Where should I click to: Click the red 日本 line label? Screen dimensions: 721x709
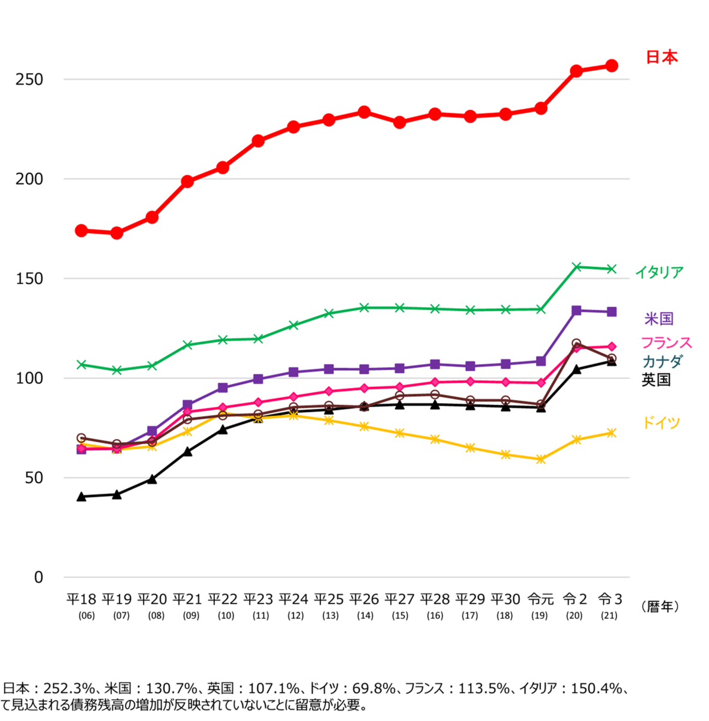(x=662, y=57)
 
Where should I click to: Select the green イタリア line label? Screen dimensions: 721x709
(x=659, y=272)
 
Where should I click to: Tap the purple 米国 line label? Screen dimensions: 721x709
(x=659, y=318)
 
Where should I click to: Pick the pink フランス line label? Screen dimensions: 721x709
(x=666, y=342)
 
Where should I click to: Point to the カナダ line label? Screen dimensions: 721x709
(x=662, y=361)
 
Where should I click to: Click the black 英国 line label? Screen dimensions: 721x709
(x=656, y=380)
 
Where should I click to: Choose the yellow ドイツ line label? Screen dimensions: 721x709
(x=661, y=422)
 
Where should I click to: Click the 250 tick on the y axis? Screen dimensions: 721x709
(x=29, y=79)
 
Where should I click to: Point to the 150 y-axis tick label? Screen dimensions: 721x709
(x=29, y=279)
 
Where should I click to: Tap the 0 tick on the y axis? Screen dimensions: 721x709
(x=39, y=577)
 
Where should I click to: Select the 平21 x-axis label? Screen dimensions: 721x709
(x=187, y=599)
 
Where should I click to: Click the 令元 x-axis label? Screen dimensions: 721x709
(x=540, y=599)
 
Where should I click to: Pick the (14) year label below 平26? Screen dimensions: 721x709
(x=365, y=615)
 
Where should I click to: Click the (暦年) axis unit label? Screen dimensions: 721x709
(x=660, y=607)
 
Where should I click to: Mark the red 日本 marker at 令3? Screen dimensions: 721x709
(x=611, y=65)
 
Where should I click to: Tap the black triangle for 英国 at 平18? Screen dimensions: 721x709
(x=81, y=496)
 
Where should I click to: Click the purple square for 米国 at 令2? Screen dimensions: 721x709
(x=576, y=311)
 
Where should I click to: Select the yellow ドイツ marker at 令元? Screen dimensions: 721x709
(x=541, y=460)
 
